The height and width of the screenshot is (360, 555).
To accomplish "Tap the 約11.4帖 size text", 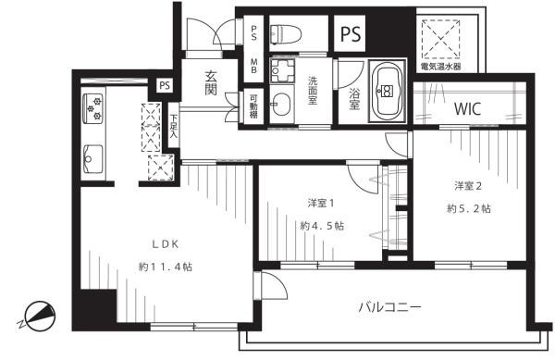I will [166, 267].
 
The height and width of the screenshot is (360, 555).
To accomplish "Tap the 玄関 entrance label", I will [211, 84].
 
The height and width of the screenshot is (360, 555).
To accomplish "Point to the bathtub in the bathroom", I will [387, 91].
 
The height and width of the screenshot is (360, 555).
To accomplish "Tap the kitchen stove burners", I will [94, 110].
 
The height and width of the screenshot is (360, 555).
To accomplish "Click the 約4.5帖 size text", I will [322, 225].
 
